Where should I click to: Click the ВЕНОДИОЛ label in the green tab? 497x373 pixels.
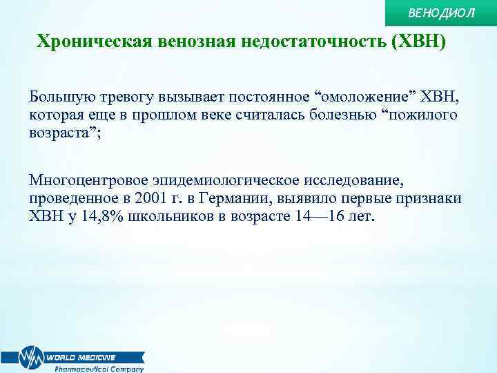pos(451,13)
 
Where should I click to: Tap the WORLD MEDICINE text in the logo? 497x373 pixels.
pos(81,357)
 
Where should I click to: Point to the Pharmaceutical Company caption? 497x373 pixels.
pos(99,369)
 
